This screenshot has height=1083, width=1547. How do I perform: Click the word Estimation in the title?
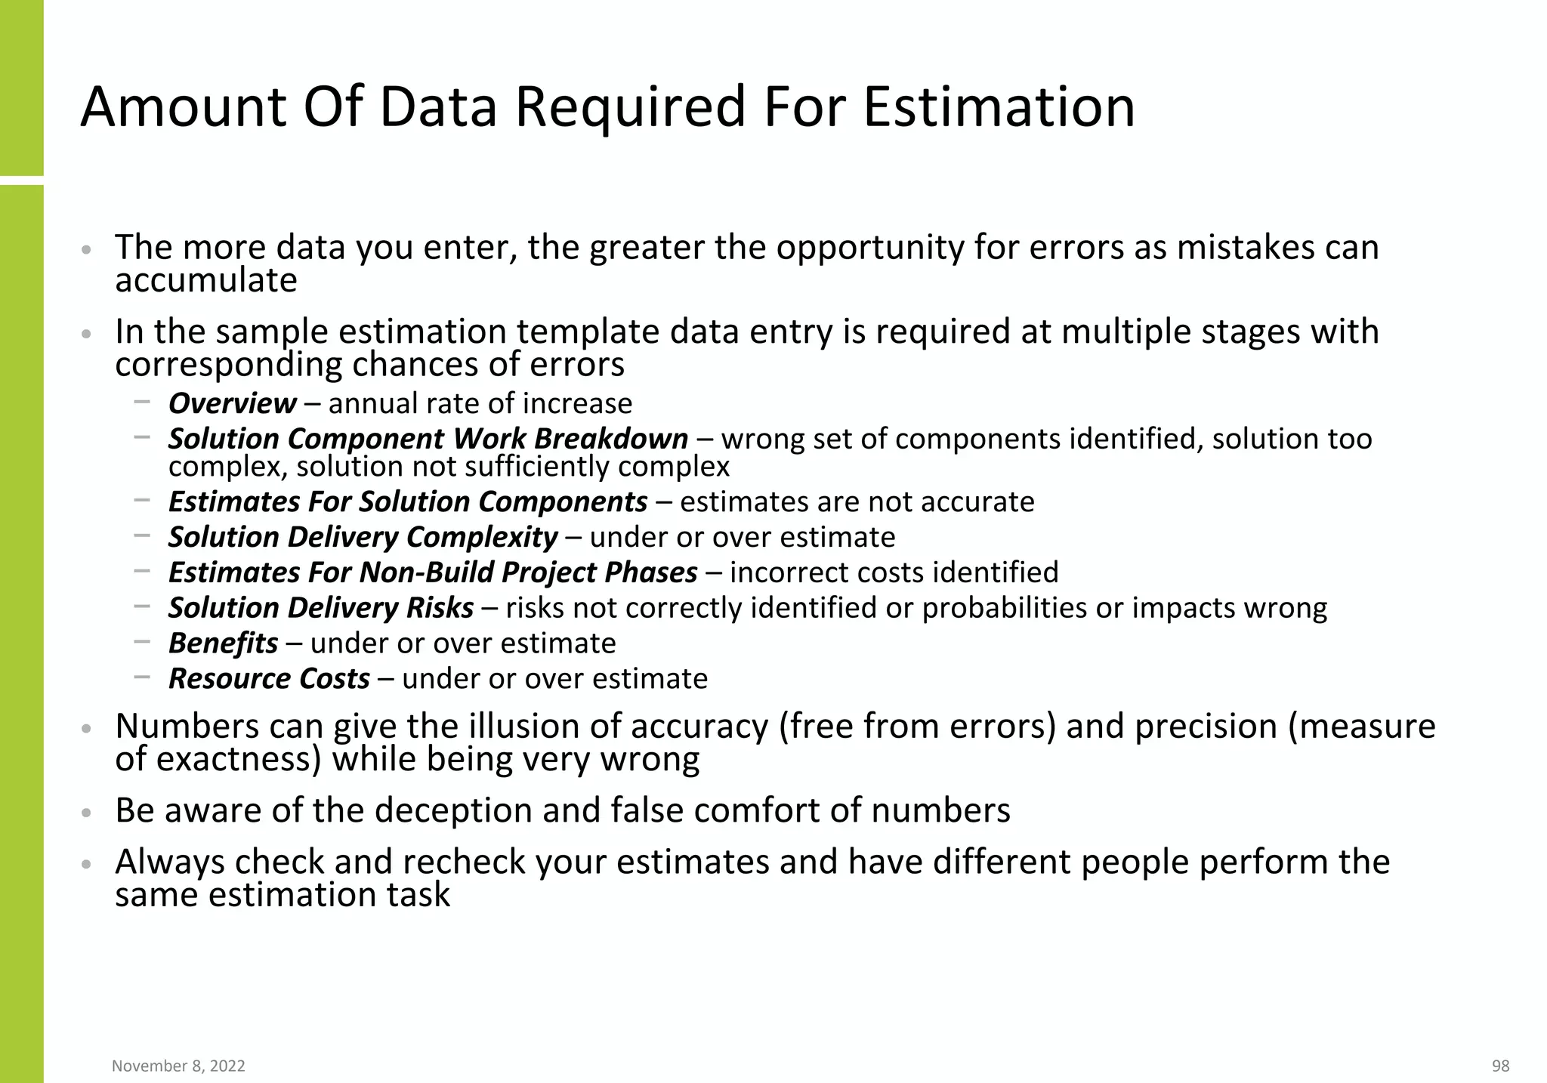click(x=999, y=106)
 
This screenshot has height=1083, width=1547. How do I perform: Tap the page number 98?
click(x=1500, y=1066)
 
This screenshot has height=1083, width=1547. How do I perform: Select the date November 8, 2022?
click(x=178, y=1066)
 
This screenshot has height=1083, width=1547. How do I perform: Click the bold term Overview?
click(x=232, y=403)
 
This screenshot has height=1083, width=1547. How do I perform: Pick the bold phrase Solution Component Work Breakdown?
click(x=428, y=439)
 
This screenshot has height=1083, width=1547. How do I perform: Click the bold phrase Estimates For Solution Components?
click(x=407, y=501)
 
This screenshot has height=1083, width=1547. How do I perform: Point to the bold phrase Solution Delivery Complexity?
click(x=363, y=537)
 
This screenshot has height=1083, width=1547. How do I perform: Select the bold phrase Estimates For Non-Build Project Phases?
click(x=432, y=572)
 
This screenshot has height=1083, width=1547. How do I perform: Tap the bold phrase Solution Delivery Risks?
click(x=320, y=608)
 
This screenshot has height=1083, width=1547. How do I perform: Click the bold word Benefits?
click(x=223, y=643)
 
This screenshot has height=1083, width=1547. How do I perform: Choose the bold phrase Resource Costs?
click(x=269, y=678)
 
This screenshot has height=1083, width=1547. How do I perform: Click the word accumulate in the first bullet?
click(x=205, y=281)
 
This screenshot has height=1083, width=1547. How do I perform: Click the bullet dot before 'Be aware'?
click(x=87, y=813)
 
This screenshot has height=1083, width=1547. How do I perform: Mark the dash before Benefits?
click(x=141, y=642)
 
